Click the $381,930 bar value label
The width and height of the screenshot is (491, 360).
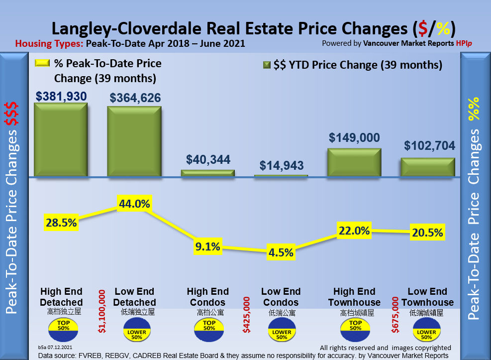(61, 96)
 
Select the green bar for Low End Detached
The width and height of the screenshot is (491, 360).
(134, 141)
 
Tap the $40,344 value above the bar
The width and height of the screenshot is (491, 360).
(208, 159)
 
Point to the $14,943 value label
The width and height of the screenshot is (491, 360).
(281, 165)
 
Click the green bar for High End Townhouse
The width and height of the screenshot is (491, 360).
(354, 162)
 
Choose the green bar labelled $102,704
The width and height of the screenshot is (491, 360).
(428, 167)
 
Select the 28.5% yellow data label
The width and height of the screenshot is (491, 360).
(60, 222)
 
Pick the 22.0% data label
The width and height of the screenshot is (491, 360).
(354, 230)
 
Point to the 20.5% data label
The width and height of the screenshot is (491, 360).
(427, 232)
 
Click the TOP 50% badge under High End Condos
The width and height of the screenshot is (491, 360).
(208, 326)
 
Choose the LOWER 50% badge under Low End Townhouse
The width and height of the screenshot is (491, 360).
(428, 331)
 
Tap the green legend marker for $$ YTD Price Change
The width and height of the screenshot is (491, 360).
(266, 65)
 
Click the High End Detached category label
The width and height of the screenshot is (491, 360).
(62, 297)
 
